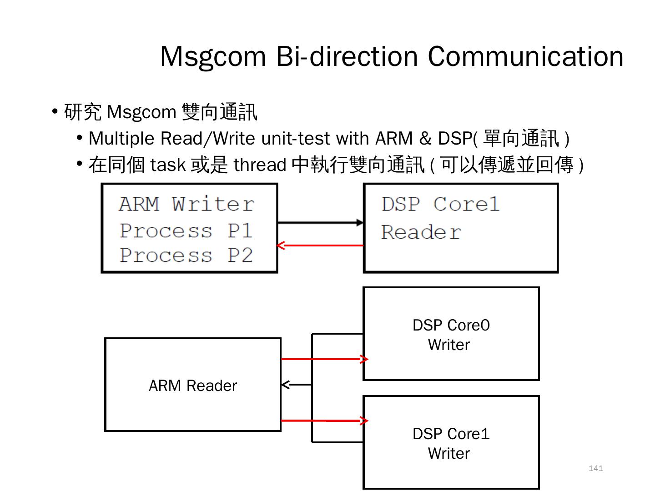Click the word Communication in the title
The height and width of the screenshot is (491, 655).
[525, 57]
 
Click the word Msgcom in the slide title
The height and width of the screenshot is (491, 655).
[213, 57]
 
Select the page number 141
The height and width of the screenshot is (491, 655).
[595, 468]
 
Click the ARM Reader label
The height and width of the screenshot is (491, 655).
[193, 386]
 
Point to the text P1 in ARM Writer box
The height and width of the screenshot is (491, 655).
[240, 231]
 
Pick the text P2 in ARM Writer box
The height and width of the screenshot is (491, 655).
[240, 256]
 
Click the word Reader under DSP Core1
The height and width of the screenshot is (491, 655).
[421, 232]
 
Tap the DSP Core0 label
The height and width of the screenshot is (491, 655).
[451, 326]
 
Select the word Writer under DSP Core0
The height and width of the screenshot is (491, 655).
[448, 345]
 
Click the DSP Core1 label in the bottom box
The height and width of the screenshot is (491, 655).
[451, 434]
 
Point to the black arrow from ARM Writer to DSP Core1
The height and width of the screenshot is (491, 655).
[320, 223]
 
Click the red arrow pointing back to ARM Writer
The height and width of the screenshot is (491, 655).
[320, 245]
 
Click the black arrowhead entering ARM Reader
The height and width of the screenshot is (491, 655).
[286, 385]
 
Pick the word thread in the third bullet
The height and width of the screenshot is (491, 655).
[260, 165]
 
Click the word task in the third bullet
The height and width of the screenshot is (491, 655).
[167, 165]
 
